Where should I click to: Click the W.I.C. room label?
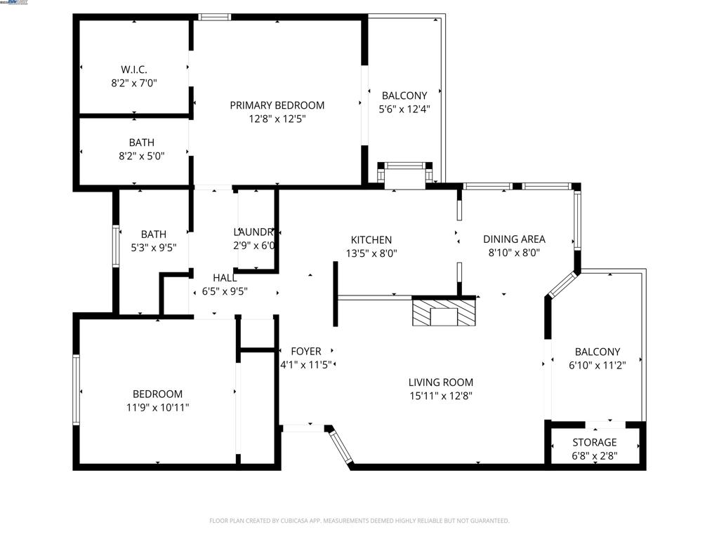(133, 69)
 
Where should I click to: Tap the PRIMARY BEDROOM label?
(277, 105)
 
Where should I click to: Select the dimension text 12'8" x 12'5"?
(277, 119)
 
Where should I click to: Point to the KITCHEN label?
(371, 240)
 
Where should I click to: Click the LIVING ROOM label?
(441, 382)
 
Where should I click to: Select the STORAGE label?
(594, 442)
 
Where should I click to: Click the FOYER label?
(306, 351)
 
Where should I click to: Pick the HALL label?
(224, 278)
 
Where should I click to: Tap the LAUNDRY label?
(254, 232)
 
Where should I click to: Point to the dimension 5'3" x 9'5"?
(154, 247)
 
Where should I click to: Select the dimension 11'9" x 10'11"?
(157, 407)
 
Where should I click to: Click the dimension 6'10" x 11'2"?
(597, 365)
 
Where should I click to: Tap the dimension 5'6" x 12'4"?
(404, 109)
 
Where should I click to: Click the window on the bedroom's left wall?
(77, 390)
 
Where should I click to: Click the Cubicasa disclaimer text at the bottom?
(359, 521)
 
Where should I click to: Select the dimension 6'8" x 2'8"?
(594, 455)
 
